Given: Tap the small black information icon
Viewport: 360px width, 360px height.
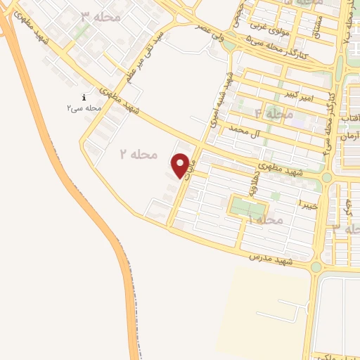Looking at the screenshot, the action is (x=84, y=98).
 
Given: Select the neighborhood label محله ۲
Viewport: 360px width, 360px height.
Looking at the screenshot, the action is (x=138, y=153).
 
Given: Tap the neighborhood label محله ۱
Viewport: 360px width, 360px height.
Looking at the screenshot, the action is (x=266, y=220).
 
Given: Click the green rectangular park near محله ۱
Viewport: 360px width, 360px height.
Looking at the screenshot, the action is (x=249, y=207).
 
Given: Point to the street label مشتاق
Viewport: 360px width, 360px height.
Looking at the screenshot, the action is (x=308, y=25).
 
